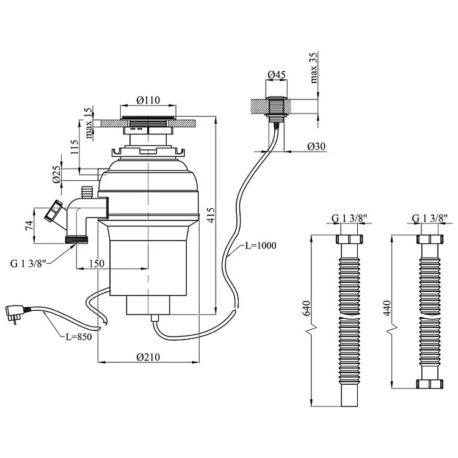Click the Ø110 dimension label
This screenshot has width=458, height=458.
pos(148,100)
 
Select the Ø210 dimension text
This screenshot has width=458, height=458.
pos(148,357)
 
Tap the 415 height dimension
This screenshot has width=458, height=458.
pos(211,215)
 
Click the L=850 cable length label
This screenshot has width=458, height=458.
pos(79,336)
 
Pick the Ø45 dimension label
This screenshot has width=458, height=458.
pos(276,75)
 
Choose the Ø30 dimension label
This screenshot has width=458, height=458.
pos(316,146)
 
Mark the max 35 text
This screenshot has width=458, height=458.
pos(313,68)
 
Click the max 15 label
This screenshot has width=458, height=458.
pos(89,123)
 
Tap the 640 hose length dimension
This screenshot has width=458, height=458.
pos(307,308)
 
